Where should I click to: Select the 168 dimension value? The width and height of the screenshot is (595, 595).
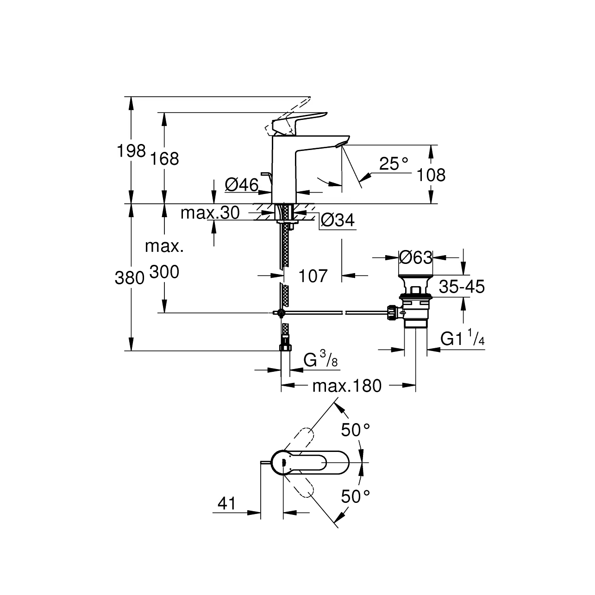[x=164, y=159]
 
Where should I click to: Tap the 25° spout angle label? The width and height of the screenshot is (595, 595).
[x=394, y=163]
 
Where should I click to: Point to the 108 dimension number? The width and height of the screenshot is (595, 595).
[x=431, y=175]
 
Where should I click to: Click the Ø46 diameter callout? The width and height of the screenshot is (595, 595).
[x=241, y=185]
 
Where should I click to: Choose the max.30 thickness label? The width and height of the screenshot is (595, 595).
[x=210, y=213]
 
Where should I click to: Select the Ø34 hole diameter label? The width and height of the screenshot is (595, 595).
[x=338, y=220]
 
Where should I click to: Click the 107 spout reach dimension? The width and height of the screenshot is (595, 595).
[x=313, y=276]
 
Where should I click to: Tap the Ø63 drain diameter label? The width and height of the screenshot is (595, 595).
[x=415, y=257]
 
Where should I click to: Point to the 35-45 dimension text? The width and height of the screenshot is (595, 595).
[x=462, y=287]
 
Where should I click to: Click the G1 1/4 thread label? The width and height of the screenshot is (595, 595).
[x=462, y=339]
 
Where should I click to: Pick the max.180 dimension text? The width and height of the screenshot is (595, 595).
[x=347, y=386]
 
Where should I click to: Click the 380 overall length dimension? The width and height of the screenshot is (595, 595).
[x=130, y=278]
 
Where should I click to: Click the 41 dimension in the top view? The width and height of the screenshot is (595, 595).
[x=226, y=504]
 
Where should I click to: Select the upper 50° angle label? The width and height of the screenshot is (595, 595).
[x=356, y=430]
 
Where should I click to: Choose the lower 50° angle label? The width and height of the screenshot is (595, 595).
[x=356, y=497]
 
